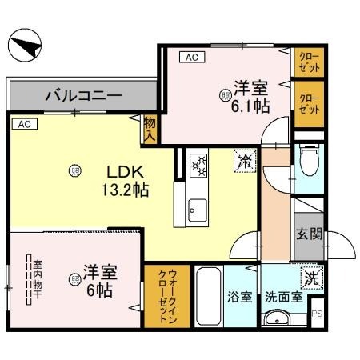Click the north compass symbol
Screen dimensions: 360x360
click(x=25, y=46)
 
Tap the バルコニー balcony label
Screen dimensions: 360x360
click(x=83, y=95)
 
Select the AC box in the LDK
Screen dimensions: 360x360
click(x=25, y=124)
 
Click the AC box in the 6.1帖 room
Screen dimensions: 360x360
click(x=192, y=57)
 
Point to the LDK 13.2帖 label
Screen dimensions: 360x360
click(x=126, y=181)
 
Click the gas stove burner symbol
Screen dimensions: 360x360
click(x=198, y=166)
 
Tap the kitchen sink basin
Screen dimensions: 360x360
click(x=198, y=210)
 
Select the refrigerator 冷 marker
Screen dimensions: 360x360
click(x=245, y=161)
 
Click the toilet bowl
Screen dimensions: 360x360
click(x=310, y=160)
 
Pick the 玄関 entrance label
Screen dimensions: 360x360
click(x=309, y=234)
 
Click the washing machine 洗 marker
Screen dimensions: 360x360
click(x=312, y=278)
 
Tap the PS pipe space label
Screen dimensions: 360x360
click(x=318, y=314)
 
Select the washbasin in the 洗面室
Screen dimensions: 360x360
click(x=277, y=317)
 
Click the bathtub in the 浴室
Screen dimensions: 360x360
click(x=208, y=296)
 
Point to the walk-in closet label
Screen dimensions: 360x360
click(x=167, y=296)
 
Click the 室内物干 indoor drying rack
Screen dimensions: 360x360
click(x=29, y=279)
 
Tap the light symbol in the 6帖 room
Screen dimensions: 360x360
click(x=74, y=279)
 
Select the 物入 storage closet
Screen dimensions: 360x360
click(x=150, y=130)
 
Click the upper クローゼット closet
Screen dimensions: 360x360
click(x=309, y=62)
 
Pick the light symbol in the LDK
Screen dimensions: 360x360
click(x=75, y=171)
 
